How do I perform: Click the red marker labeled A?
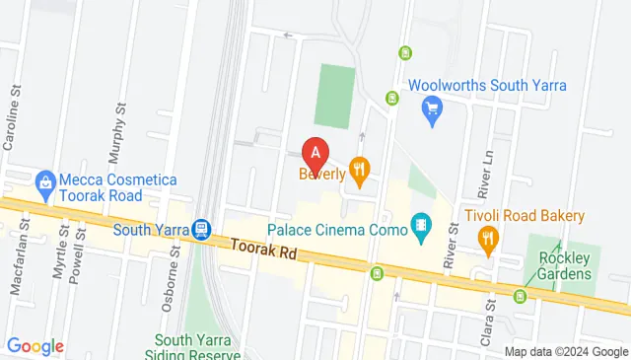315,154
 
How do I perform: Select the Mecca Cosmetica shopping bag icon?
43,182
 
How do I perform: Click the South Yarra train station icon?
202,230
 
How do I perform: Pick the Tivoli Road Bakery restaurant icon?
487,238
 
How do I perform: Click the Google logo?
35,346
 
